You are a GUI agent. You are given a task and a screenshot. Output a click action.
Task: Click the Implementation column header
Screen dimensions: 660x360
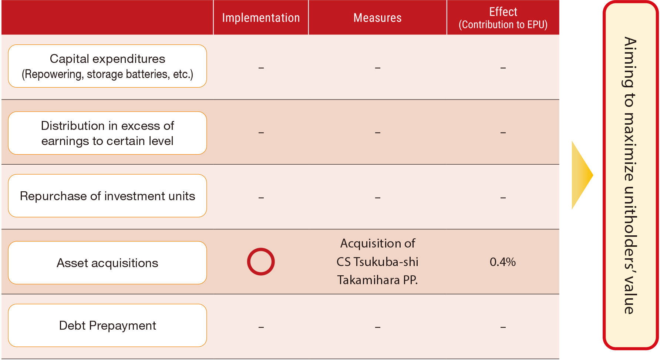pos(261,18)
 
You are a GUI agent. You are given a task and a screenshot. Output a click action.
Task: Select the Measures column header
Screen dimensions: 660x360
pos(377,18)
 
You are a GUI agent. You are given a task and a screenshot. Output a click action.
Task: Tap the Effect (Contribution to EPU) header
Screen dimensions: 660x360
pos(503,18)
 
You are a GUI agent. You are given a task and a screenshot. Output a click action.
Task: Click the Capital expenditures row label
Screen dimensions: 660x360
pos(107,66)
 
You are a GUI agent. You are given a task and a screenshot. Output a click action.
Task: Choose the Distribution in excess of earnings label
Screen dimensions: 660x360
pos(107,133)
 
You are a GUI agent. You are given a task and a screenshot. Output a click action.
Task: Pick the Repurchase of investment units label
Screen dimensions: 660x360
pos(107,196)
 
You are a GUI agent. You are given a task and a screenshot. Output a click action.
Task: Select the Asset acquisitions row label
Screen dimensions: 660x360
pos(107,263)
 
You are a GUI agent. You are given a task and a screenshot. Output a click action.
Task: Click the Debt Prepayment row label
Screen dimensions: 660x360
pos(107,326)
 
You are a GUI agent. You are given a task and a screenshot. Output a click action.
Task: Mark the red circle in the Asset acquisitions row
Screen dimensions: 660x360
pos(261,249)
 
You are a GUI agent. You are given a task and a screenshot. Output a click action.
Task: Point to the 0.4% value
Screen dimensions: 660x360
pos(503,262)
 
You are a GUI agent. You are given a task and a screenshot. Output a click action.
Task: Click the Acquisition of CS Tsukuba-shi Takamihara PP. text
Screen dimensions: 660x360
pos(377,262)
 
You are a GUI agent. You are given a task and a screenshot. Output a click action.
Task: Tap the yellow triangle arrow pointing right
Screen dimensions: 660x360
pos(582,175)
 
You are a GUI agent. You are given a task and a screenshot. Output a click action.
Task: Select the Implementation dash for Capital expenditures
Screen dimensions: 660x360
pos(261,68)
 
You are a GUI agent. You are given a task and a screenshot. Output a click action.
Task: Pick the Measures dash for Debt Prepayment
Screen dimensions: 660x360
pos(378,327)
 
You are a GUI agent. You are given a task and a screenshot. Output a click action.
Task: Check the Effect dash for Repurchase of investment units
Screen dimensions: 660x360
pos(503,198)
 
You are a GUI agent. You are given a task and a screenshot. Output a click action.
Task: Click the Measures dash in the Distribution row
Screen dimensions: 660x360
pos(378,132)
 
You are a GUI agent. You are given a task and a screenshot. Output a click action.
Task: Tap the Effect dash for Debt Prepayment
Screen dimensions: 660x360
pos(503,327)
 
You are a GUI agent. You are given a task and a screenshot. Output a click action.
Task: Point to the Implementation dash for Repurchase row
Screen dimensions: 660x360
pos(261,198)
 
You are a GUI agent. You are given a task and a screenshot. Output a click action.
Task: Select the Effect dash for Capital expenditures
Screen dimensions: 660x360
pos(503,68)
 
